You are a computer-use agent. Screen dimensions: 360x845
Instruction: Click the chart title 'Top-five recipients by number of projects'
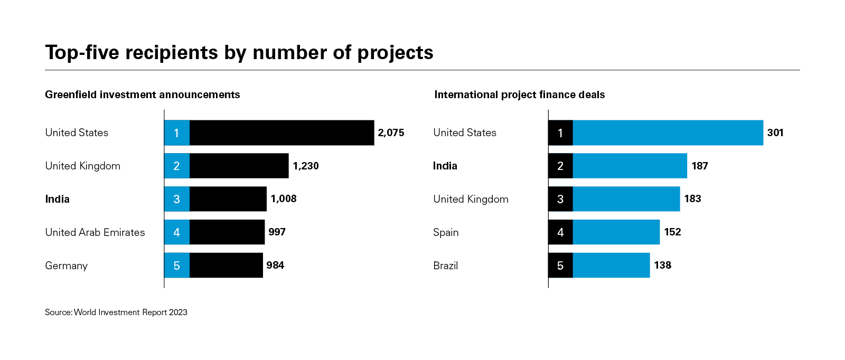tap(239, 53)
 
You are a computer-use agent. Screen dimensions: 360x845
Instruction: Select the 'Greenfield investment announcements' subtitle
tap(143, 94)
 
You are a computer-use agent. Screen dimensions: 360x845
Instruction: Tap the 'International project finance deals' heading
tap(520, 94)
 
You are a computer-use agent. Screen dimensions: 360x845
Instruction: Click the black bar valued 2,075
tap(281, 132)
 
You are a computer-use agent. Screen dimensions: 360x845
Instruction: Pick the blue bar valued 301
tap(668, 132)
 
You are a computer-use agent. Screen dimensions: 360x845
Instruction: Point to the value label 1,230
tap(306, 166)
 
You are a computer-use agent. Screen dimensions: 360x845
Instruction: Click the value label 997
tap(277, 232)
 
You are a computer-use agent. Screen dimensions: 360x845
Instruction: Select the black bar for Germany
tap(226, 266)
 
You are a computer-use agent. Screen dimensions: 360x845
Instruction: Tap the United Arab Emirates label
tap(95, 232)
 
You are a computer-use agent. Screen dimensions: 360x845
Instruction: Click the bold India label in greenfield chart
tap(57, 199)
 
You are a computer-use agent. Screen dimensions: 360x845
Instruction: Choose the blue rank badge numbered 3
tap(176, 199)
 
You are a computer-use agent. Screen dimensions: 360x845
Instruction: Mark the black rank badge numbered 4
tap(560, 232)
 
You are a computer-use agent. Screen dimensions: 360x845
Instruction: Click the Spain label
tap(446, 232)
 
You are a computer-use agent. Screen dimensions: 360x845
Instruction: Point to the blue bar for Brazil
tap(611, 266)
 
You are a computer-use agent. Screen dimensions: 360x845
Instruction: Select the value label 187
tap(700, 166)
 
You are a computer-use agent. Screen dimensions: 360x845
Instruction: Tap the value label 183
tap(692, 199)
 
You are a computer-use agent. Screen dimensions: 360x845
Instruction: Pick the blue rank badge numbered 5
tap(176, 266)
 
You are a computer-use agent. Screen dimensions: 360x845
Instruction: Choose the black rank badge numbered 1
tap(560, 132)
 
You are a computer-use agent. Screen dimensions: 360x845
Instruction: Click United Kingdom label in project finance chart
tap(471, 199)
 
